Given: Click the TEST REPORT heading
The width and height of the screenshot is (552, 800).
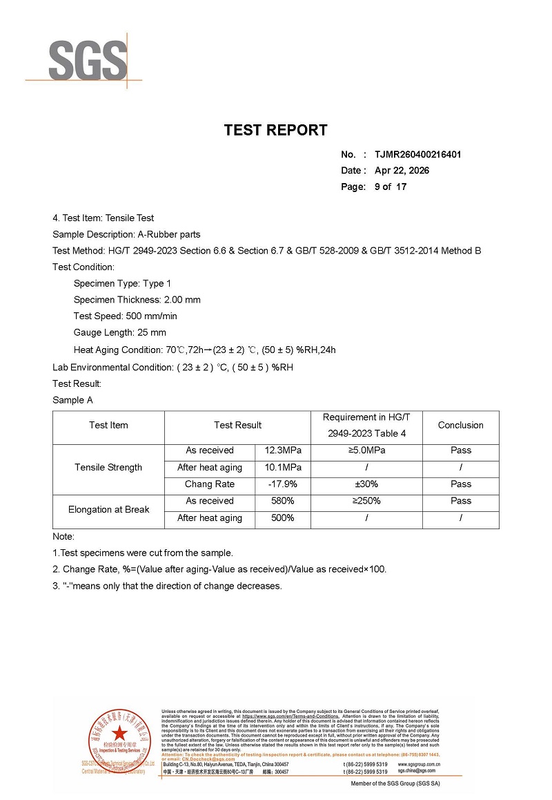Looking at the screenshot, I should coord(275,130).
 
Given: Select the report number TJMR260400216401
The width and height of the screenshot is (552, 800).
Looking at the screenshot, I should coord(417,154).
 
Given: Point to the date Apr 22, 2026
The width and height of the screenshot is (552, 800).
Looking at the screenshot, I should coord(402,171).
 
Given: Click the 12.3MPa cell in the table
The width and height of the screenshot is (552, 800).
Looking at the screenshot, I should coord(283,450).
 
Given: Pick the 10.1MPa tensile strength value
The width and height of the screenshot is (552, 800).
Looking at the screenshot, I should coord(283,468).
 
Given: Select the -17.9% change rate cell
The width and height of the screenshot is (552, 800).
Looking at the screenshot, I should coord(283,484).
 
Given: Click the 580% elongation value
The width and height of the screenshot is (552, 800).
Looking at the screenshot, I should coord(283,501).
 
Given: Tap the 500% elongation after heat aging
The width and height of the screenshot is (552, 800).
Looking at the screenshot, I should coord(283,518).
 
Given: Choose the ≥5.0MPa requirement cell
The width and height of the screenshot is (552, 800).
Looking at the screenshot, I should coord(366,450).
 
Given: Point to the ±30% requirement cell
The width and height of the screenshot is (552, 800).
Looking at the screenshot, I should coord(366,484).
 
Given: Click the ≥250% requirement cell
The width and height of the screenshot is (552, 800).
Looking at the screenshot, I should coord(366,501).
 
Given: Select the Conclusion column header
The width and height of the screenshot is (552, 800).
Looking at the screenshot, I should coord(460,425).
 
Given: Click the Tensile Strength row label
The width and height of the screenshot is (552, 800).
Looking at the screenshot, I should coord(108,468).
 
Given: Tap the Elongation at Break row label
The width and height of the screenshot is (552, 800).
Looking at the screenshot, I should coord(108,510).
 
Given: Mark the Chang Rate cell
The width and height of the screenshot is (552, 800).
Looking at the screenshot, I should coord(210,484).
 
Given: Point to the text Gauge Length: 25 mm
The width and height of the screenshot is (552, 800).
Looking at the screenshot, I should coord(119,333).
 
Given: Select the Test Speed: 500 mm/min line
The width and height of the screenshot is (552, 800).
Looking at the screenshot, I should coord(125,316).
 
